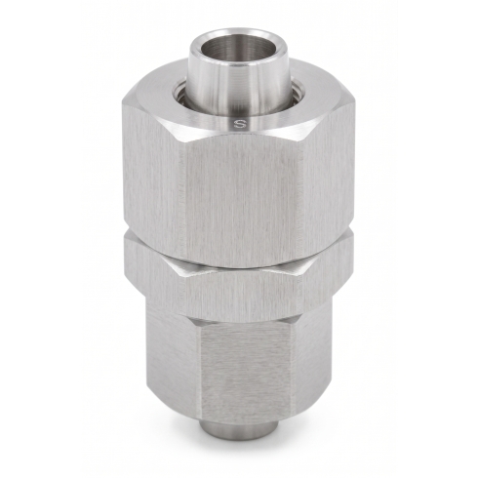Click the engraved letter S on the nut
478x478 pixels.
pos(241,123)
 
